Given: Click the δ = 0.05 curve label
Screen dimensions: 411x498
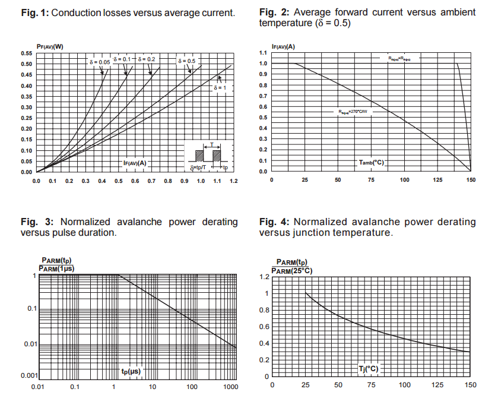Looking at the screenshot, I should [100, 61].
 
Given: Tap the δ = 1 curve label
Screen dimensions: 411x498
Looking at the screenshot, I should [220, 87].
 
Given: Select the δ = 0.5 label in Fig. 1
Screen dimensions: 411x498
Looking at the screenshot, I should [186, 61].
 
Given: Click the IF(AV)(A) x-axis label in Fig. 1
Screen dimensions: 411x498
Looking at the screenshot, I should [135, 163].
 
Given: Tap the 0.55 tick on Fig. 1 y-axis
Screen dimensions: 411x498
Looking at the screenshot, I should [27, 53].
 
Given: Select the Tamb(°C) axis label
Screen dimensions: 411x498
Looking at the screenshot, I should [371, 162].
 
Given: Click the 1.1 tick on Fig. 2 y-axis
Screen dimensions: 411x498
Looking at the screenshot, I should [263, 53].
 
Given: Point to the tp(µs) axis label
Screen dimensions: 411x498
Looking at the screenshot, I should [131, 372].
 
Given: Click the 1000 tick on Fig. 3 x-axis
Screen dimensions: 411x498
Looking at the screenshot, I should [230, 387].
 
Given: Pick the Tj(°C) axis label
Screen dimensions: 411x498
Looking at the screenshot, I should [369, 369].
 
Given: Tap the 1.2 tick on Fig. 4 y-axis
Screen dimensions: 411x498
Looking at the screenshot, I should [264, 277].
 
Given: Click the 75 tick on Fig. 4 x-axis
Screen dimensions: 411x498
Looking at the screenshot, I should [371, 385].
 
